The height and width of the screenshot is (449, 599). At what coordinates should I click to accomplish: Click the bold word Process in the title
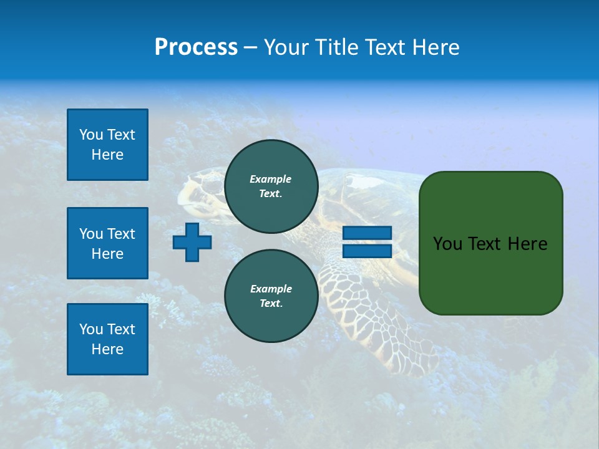(x=196, y=47)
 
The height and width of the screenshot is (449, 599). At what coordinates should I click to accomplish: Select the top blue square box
(x=107, y=145)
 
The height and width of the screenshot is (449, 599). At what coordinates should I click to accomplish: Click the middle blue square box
(x=107, y=243)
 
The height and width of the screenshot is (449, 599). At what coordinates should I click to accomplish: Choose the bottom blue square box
(x=107, y=339)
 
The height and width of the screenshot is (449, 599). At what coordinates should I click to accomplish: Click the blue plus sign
(x=192, y=242)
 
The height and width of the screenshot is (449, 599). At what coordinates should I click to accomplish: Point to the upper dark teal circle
(x=271, y=186)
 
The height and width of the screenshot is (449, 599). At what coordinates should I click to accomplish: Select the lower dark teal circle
(x=271, y=296)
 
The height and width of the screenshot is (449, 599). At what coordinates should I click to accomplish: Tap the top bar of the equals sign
(x=367, y=233)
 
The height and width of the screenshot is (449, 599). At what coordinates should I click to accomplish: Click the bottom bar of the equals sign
(x=367, y=251)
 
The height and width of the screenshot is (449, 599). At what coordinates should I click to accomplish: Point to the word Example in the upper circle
(x=271, y=179)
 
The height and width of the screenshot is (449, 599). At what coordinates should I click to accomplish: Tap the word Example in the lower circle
(x=271, y=289)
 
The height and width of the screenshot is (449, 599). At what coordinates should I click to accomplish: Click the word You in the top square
(x=91, y=135)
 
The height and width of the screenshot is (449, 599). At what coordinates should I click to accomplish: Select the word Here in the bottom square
(x=107, y=349)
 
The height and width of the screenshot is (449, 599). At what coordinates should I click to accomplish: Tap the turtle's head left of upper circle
(x=200, y=187)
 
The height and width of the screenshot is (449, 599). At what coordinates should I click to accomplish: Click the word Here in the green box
(x=528, y=244)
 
